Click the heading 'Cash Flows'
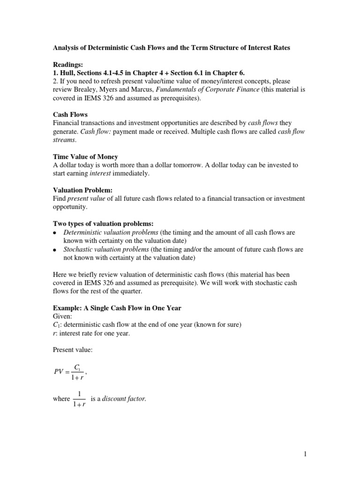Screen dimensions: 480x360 (x=69, y=115)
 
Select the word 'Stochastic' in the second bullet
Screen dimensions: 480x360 (x=78, y=249)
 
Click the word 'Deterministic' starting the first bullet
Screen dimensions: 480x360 (x=83, y=232)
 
